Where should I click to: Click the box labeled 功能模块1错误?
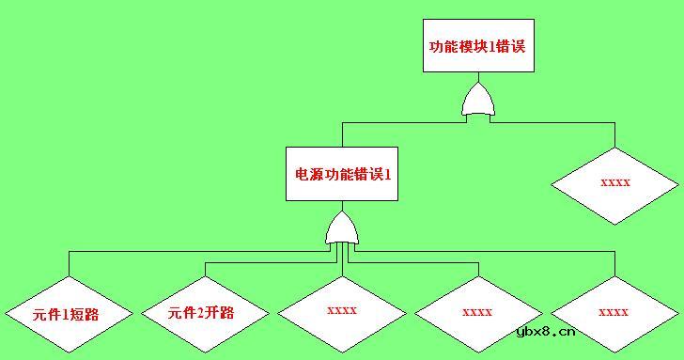[x=476, y=46]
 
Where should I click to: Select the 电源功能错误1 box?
[x=342, y=174]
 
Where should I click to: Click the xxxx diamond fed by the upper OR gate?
[x=614, y=183]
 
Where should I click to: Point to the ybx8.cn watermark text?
[x=545, y=331]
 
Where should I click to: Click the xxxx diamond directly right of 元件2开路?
[x=342, y=310]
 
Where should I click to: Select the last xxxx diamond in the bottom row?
[x=614, y=313]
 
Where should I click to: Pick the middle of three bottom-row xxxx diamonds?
[x=477, y=312]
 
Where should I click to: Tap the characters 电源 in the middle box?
[x=307, y=175]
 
